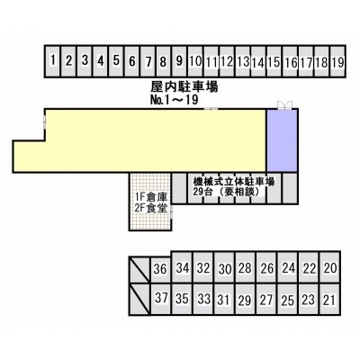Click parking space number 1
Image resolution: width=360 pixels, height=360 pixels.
(x=53, y=61)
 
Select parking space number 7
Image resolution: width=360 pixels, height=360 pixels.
(x=148, y=61)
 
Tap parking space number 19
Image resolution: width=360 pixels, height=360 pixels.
(x=337, y=61)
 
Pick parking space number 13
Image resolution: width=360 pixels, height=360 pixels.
(x=243, y=61)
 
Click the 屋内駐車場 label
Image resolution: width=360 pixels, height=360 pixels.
(x=184, y=87)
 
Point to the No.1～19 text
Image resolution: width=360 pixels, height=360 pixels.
(x=174, y=100)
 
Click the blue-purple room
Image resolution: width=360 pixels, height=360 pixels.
(x=282, y=140)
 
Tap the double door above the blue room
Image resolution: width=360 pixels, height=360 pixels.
(x=284, y=104)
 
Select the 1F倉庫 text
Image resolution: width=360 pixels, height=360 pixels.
(x=151, y=197)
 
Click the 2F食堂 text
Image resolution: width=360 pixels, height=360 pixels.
(x=151, y=208)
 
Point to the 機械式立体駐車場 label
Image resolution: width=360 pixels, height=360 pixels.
(x=234, y=182)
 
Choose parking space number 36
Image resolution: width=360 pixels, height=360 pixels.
(x=160, y=268)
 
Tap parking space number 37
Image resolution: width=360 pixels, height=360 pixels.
(x=160, y=299)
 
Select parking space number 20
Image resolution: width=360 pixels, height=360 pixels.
(x=330, y=267)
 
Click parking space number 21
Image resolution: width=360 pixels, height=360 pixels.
(x=330, y=299)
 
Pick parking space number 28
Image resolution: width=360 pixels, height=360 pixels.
(x=246, y=267)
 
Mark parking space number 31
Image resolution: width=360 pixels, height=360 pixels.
(x=224, y=299)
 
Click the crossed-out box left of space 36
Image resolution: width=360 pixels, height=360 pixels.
(x=139, y=270)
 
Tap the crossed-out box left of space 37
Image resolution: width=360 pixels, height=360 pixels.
(x=139, y=299)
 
